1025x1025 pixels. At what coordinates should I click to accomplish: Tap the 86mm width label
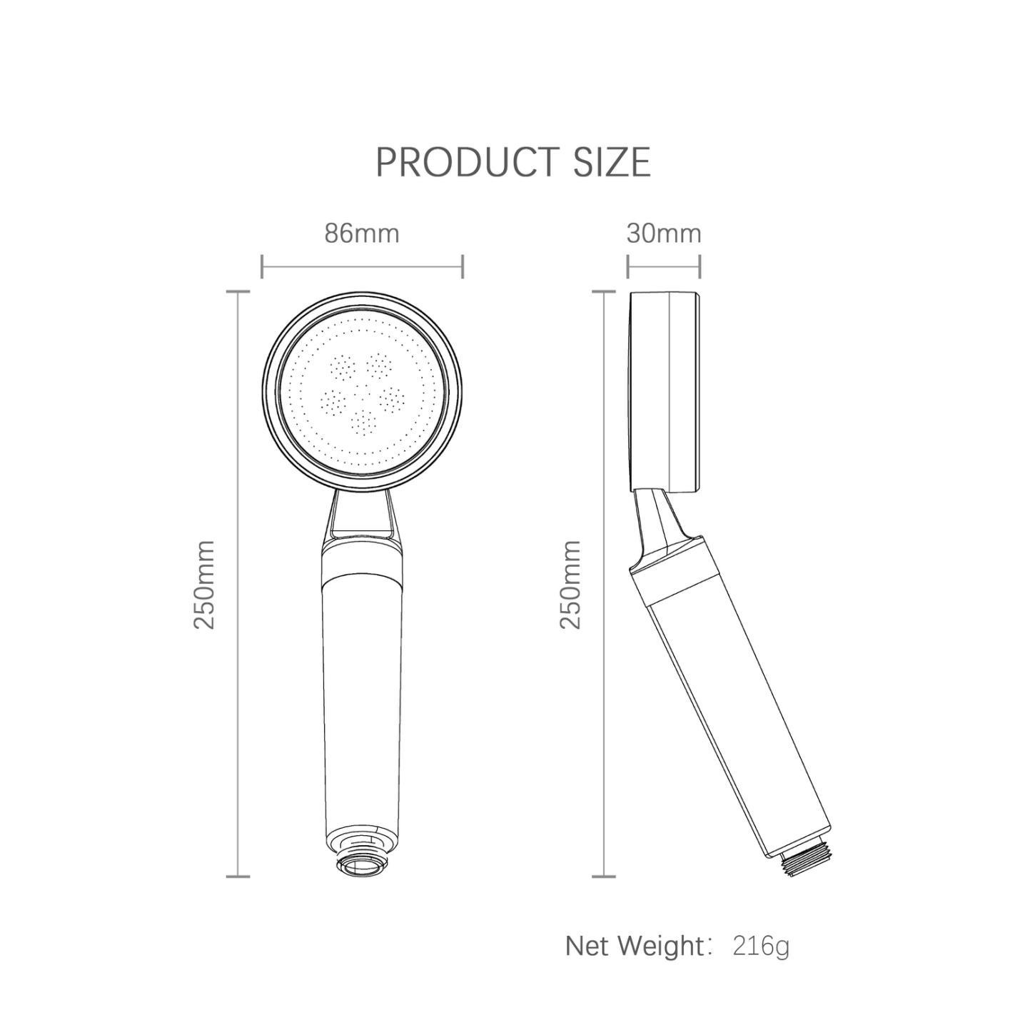[x=362, y=233]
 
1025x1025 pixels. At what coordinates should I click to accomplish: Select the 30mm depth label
[x=664, y=233]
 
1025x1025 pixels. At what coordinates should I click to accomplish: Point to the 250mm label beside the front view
[x=205, y=584]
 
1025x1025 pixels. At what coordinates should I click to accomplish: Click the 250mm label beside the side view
[x=570, y=584]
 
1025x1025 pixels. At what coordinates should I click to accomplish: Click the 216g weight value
[x=761, y=946]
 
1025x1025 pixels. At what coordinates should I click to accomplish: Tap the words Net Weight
[x=635, y=946]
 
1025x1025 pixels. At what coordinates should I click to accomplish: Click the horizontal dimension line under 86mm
[x=363, y=267]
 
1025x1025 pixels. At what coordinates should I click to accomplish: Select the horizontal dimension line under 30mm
[x=664, y=267]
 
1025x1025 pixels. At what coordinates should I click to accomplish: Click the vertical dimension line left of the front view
[x=238, y=584]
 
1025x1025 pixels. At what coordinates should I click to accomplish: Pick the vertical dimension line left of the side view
[x=604, y=584]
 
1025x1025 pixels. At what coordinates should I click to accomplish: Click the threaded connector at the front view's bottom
[x=363, y=864]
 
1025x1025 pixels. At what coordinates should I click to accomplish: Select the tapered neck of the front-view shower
[x=363, y=514]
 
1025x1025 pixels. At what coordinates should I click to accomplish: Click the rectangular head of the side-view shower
[x=664, y=393]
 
